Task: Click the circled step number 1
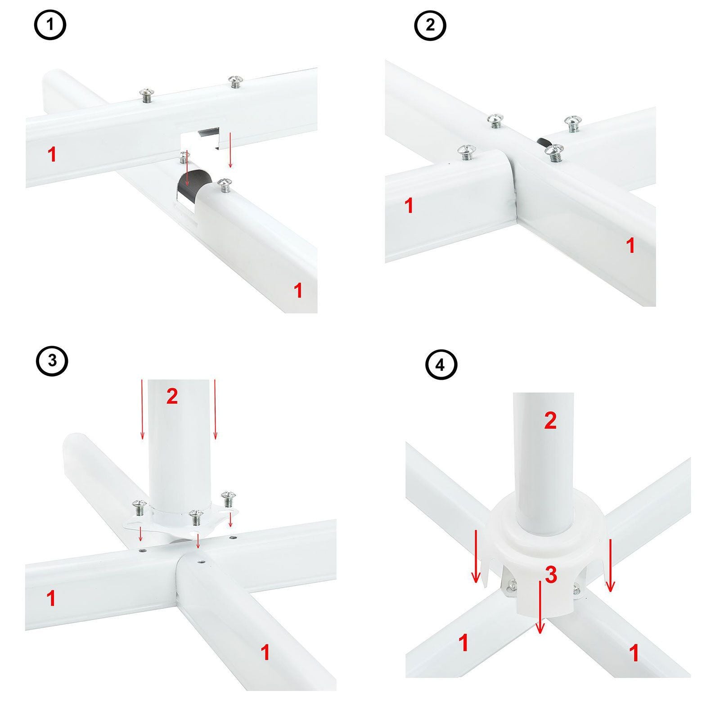pyautogui.click(x=50, y=25)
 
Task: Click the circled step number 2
pyautogui.click(x=430, y=25)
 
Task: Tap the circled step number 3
pyautogui.click(x=52, y=360)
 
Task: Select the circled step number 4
pyautogui.click(x=441, y=365)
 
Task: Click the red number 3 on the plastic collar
pyautogui.click(x=551, y=575)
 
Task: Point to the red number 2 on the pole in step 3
pyautogui.click(x=172, y=396)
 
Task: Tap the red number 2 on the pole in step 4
pyautogui.click(x=550, y=420)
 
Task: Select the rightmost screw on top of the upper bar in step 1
pyautogui.click(x=235, y=81)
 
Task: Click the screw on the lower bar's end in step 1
pyautogui.click(x=224, y=184)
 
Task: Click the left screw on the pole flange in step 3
pyautogui.click(x=139, y=508)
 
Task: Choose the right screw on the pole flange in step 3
pyautogui.click(x=229, y=499)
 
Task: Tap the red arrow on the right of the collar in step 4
pyautogui.click(x=610, y=566)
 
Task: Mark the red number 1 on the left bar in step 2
pyautogui.click(x=409, y=206)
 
